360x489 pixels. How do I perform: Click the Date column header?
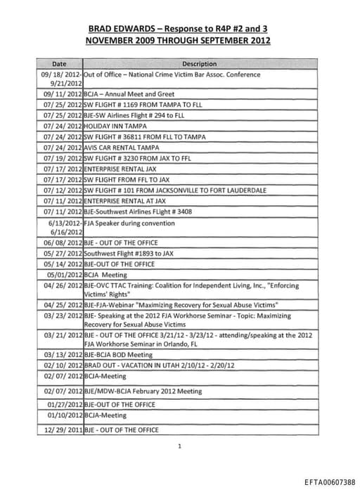(59, 64)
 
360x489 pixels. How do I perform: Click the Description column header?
(199, 64)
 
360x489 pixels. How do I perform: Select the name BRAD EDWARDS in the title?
(119, 29)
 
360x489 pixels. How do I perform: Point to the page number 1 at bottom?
(179, 445)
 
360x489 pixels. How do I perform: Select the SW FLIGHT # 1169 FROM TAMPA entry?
(134, 104)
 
